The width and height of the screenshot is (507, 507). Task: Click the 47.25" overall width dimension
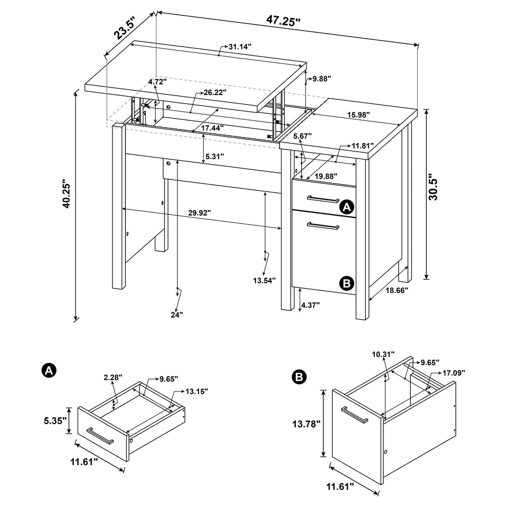point(283,21)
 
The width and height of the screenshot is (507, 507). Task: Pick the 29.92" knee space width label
point(200,212)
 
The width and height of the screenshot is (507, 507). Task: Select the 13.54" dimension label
point(264,280)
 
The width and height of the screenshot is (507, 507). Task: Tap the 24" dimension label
point(177,314)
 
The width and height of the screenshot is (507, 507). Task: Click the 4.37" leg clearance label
point(310,305)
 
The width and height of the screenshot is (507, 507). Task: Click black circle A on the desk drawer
point(347,207)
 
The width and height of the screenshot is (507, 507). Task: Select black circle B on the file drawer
point(347,283)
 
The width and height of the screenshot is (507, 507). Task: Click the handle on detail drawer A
point(100,435)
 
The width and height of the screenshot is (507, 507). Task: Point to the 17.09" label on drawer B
point(454,372)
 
